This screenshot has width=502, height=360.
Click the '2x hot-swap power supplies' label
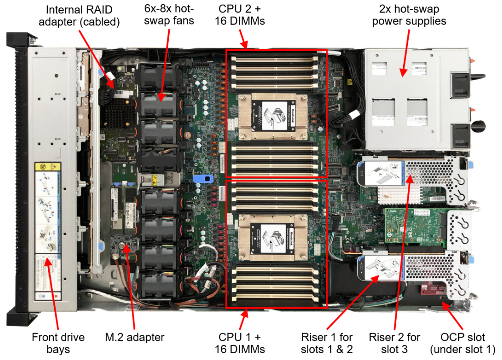pyautogui.click(x=409, y=15)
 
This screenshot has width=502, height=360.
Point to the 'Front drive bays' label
pyautogui.click(x=58, y=343)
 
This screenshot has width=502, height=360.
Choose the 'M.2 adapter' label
pyautogui.click(x=134, y=337)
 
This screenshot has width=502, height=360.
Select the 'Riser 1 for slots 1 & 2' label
pyautogui.click(x=327, y=343)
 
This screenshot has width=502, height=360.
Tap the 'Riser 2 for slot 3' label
pyautogui.click(x=394, y=343)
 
